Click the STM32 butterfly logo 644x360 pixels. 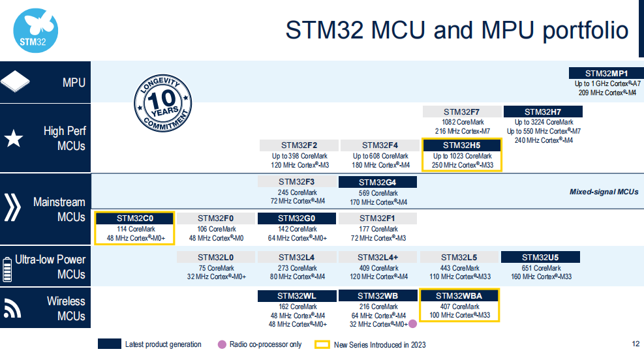click(x=36, y=31)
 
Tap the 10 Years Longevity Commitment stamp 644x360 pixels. click(x=162, y=103)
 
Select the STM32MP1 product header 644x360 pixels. click(x=606, y=73)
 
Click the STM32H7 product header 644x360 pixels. click(x=543, y=112)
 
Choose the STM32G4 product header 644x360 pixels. click(x=377, y=182)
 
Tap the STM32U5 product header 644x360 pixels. click(x=540, y=258)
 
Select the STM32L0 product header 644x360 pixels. click(x=215, y=258)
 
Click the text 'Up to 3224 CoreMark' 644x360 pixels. click(x=544, y=123)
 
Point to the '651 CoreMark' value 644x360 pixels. click(x=542, y=268)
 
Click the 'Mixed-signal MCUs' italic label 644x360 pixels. click(x=604, y=192)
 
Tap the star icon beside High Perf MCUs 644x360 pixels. click(x=14, y=138)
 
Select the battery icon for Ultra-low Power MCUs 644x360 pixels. click(x=7, y=269)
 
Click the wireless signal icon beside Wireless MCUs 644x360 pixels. click(x=12, y=308)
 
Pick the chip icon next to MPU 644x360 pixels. click(x=15, y=82)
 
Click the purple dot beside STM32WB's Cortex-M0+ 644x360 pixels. click(x=413, y=324)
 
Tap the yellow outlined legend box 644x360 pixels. click(x=322, y=344)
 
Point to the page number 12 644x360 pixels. click(x=636, y=344)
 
